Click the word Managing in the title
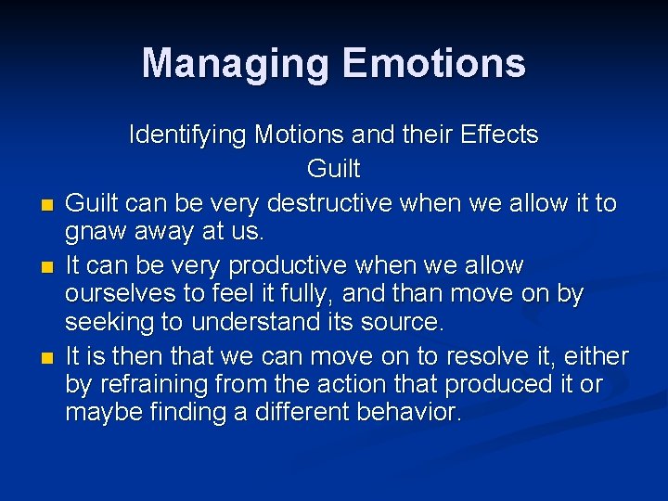(x=237, y=64)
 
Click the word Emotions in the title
(x=433, y=64)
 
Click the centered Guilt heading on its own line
(x=333, y=170)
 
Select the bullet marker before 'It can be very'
(x=45, y=267)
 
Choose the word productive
(x=286, y=265)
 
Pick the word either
(x=594, y=356)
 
